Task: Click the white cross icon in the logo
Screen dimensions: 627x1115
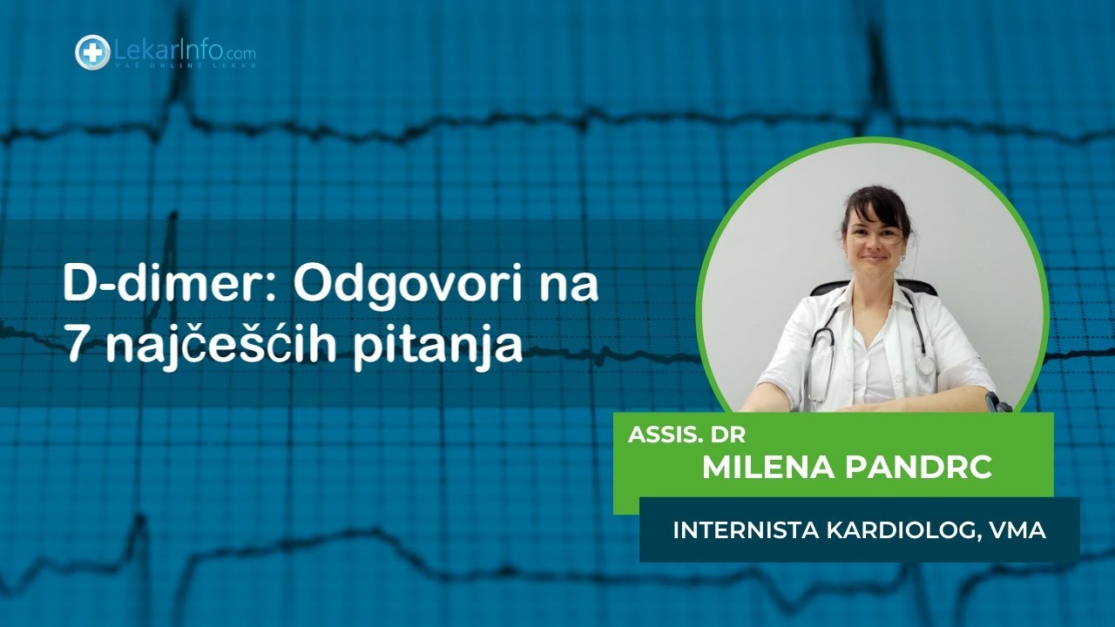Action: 92,52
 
